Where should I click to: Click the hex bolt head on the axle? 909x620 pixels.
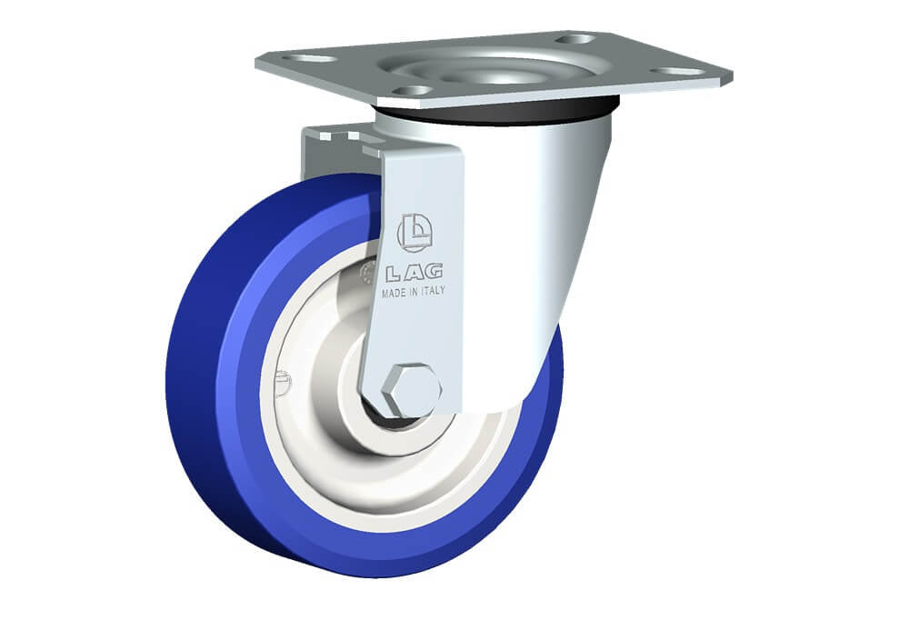coord(414,391)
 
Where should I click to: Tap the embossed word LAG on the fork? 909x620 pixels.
coord(414,272)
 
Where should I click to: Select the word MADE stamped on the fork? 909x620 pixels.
coord(394,294)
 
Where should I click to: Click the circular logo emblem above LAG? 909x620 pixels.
coord(415,233)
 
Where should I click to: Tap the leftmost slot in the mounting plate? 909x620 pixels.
coord(309,59)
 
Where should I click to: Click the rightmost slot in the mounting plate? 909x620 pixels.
coord(677,71)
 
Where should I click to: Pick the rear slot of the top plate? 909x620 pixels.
coord(575,39)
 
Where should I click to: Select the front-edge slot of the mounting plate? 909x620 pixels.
coord(413,91)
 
